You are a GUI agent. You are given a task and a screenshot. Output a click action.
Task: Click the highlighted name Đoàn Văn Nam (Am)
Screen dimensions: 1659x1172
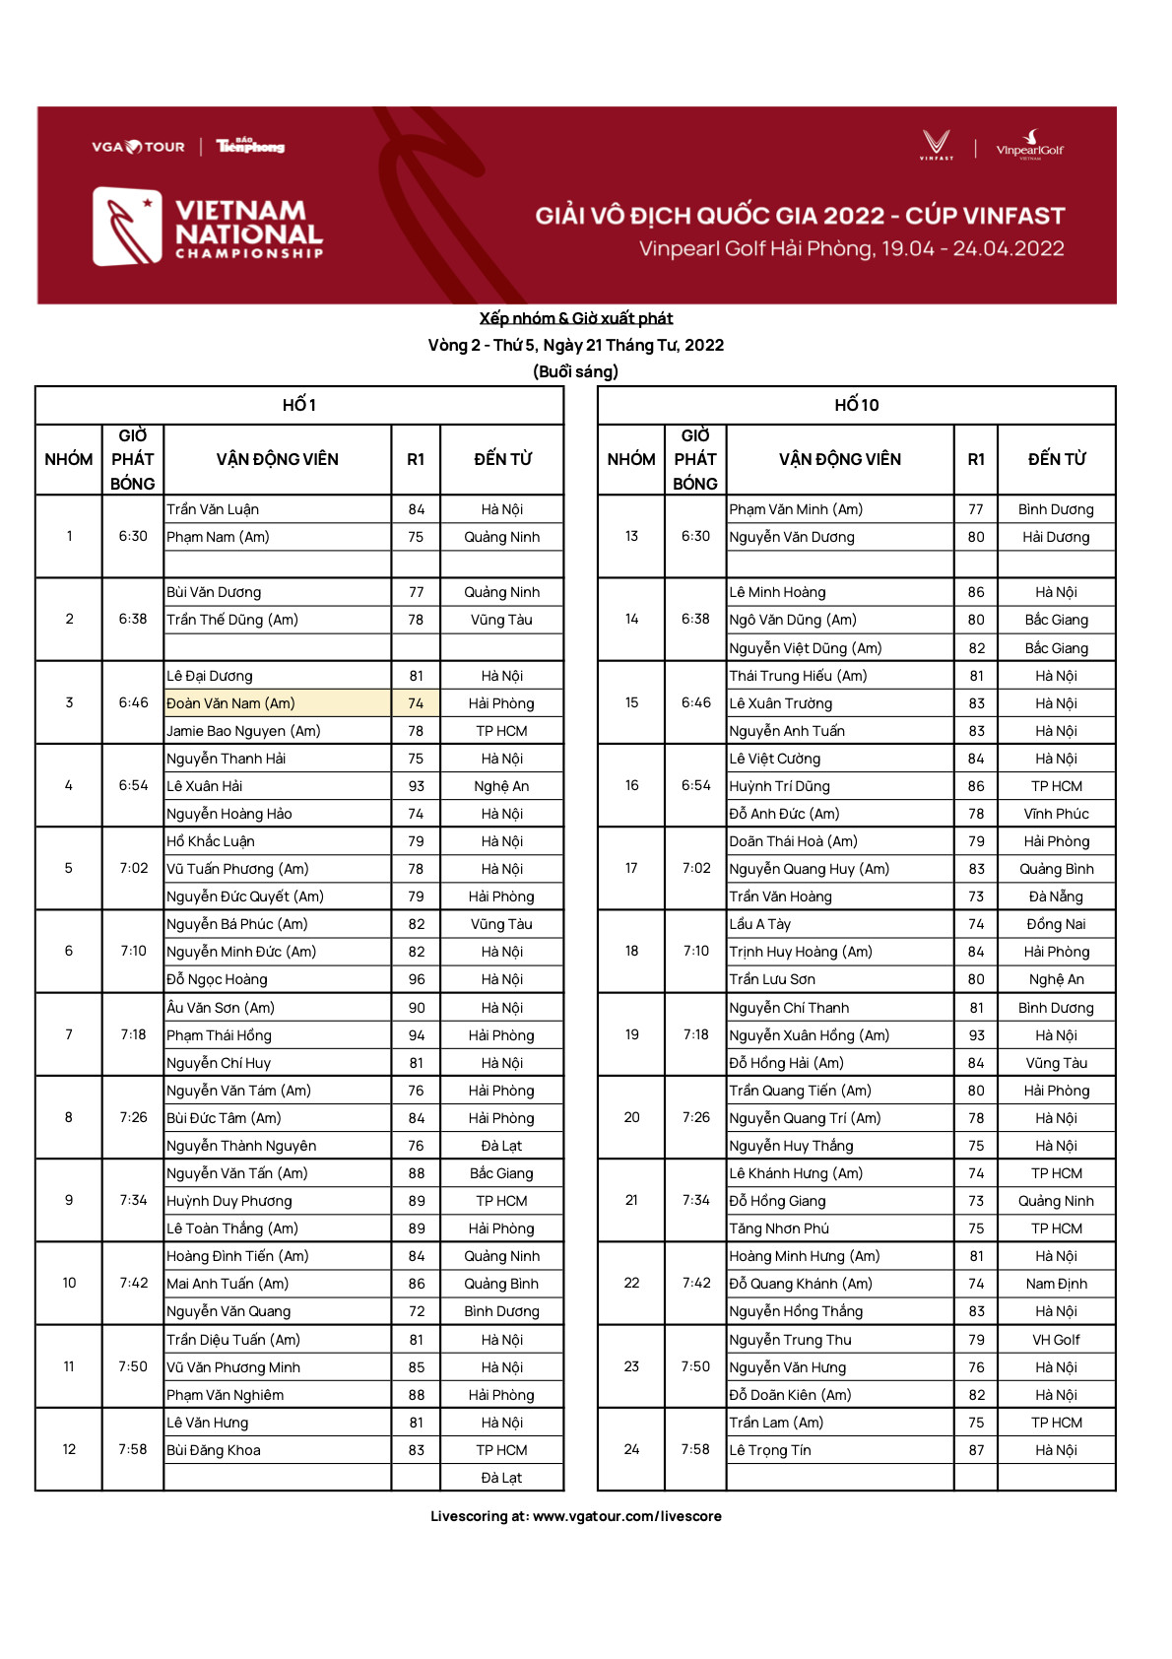(x=230, y=703)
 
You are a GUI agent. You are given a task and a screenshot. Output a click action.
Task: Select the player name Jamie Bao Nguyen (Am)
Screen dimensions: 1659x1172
(x=243, y=731)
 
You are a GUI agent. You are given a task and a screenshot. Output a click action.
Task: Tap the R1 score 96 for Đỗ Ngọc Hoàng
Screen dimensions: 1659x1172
(x=417, y=979)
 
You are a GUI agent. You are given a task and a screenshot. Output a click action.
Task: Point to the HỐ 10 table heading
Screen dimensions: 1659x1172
(x=856, y=405)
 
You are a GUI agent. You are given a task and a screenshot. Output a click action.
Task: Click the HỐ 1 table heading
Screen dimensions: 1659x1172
(x=299, y=405)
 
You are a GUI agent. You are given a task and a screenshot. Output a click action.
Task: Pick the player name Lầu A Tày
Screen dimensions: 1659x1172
(x=759, y=924)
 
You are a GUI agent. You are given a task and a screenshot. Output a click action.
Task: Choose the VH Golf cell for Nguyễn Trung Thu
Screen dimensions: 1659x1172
(x=1056, y=1340)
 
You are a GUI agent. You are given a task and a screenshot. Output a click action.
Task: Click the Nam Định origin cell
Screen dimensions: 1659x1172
(x=1056, y=1284)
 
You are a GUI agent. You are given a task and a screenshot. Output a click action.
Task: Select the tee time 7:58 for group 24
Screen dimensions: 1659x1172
(x=695, y=1449)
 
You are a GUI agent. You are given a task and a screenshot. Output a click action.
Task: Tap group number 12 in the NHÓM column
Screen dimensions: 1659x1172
(x=69, y=1449)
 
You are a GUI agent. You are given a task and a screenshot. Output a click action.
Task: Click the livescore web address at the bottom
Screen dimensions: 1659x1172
(x=626, y=1516)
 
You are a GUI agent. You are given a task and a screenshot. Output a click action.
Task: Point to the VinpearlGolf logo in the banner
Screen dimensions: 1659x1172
(x=1029, y=145)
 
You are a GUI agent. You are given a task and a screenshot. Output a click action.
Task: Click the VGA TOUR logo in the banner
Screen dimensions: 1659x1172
(x=138, y=147)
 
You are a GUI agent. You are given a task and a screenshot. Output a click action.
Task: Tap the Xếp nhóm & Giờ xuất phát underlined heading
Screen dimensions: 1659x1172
(x=576, y=318)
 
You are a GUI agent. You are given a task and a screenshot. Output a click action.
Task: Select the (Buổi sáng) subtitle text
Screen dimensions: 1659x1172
(x=576, y=371)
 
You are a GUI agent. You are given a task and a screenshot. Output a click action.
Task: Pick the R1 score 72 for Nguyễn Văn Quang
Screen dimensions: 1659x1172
(x=417, y=1311)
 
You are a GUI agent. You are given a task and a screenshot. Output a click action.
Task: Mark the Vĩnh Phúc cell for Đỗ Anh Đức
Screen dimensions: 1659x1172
(x=1056, y=814)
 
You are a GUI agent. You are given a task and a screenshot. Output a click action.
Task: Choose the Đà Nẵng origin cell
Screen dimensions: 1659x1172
(x=1056, y=896)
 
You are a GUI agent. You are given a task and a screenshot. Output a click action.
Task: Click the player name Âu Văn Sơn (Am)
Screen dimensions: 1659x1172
(x=221, y=1008)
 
